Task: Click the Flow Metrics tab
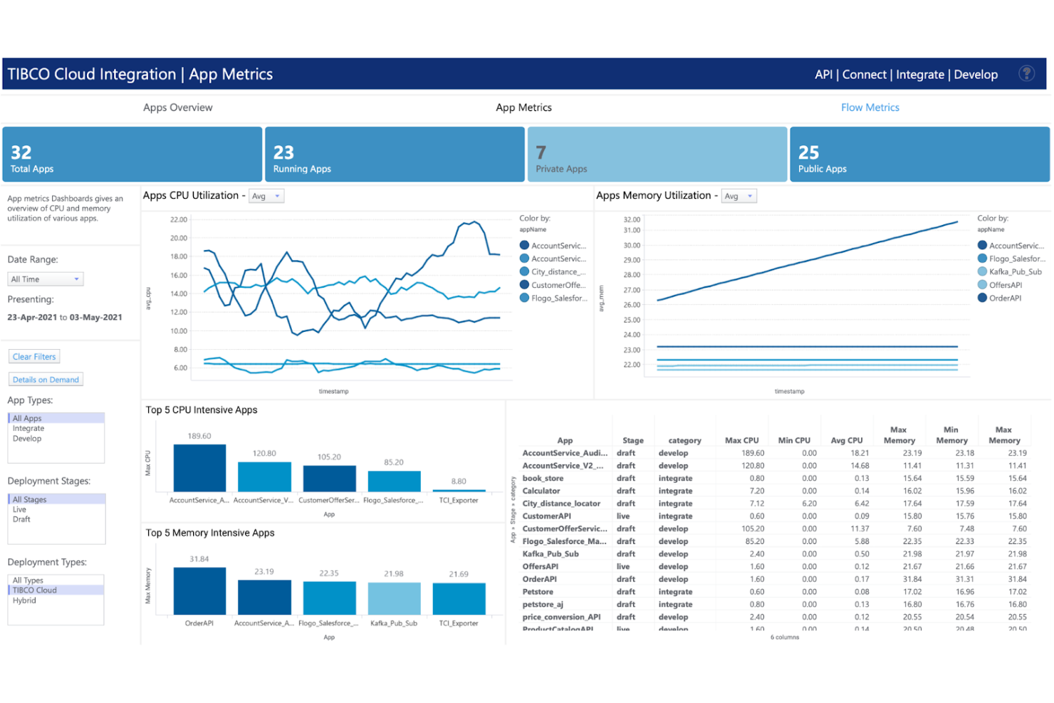point(870,108)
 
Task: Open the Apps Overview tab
point(177,108)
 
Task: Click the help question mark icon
point(1026,73)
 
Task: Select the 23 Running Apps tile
point(395,155)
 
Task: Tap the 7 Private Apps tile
point(657,155)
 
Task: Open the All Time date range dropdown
point(46,279)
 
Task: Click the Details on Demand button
point(46,380)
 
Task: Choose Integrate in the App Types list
point(28,429)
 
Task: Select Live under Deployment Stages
point(19,509)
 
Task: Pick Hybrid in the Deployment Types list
point(24,600)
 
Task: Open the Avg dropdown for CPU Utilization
point(266,197)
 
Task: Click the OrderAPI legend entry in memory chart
point(1005,298)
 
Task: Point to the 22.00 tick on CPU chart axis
point(179,219)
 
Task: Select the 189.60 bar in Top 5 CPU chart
point(199,468)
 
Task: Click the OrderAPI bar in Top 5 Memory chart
point(199,591)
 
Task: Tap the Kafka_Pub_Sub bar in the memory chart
point(394,598)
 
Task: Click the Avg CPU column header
point(846,441)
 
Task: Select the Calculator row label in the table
point(541,491)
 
